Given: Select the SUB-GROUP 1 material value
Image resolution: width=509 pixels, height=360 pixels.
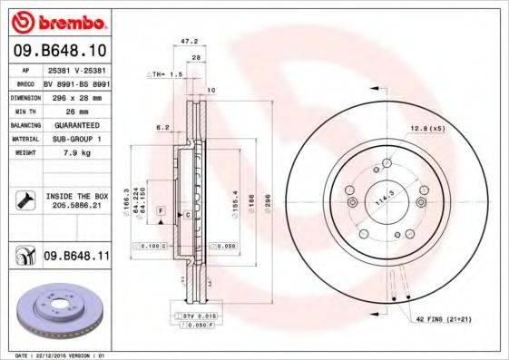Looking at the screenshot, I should click(x=73, y=138).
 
